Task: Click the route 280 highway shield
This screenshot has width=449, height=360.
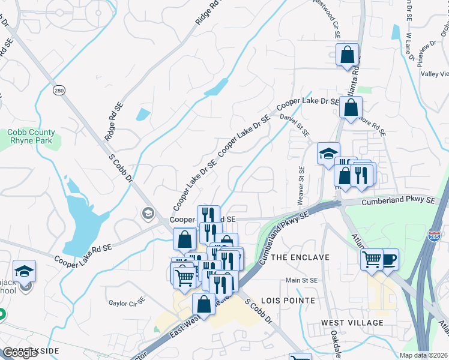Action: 58,91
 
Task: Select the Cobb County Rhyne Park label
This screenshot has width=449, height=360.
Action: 31,136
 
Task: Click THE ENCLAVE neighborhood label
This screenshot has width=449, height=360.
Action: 301,257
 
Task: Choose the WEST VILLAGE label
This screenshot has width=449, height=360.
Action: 352,323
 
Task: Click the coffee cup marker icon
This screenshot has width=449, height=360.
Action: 389,259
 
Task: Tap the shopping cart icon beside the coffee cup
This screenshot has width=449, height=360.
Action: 372,259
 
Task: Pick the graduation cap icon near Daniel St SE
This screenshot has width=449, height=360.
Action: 328,153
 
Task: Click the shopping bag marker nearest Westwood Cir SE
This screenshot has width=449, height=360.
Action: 347,55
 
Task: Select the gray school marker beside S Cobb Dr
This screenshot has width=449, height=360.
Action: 148,213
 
